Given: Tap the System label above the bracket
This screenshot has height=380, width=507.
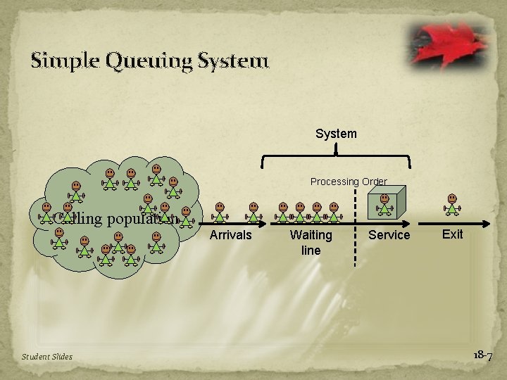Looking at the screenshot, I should point(336,134).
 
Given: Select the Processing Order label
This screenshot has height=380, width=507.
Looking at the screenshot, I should point(349,182).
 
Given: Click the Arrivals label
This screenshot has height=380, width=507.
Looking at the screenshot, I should point(230,235).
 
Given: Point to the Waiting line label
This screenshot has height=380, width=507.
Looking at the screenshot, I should point(311,242).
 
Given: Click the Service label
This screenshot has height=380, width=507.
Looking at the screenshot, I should point(389,235).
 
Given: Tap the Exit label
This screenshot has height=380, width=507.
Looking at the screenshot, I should point(452,234).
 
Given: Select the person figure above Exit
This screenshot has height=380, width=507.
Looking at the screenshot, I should point(452,206).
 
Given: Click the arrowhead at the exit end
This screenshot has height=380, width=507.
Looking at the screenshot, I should point(487,224).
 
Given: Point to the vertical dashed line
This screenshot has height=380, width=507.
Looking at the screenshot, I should point(354,225).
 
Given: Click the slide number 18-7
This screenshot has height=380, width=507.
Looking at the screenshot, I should point(482,355).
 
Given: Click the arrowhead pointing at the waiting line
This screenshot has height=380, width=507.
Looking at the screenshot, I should point(266,224).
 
